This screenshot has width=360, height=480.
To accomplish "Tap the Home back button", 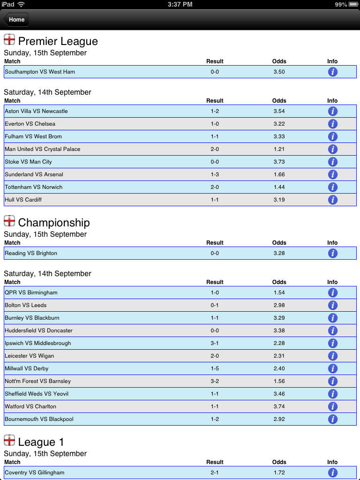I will (x=16, y=20).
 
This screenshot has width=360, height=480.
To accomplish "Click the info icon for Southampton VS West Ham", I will (x=333, y=72).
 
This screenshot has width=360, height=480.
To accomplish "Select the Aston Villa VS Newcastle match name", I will (x=36, y=111).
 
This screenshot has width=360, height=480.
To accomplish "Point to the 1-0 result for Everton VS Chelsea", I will (x=215, y=124).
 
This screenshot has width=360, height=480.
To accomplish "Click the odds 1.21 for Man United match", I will (x=279, y=149).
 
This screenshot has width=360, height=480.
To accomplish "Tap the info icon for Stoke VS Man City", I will (x=333, y=162).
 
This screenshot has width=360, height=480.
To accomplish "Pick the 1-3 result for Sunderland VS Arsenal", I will (x=215, y=174).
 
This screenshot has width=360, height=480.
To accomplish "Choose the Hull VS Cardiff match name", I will (x=23, y=200).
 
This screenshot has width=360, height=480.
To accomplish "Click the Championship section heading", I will (x=53, y=223).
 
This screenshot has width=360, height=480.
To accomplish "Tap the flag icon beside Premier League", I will (x=9, y=39).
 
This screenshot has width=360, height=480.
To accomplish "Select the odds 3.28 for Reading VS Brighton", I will (x=279, y=253).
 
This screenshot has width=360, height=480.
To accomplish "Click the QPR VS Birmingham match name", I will (x=31, y=292).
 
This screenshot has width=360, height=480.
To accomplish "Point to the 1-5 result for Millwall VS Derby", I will (x=215, y=368).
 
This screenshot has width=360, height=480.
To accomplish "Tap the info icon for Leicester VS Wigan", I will (x=333, y=356).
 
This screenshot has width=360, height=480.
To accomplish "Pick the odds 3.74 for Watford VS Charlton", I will (x=279, y=406).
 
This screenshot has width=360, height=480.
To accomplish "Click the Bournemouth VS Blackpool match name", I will (x=39, y=419).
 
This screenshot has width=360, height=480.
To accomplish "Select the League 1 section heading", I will (x=41, y=442).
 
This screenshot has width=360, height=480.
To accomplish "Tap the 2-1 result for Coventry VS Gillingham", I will (x=215, y=472).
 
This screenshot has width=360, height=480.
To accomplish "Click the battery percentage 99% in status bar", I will (x=341, y=4).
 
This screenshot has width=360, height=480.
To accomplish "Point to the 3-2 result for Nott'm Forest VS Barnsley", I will (x=215, y=381).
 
